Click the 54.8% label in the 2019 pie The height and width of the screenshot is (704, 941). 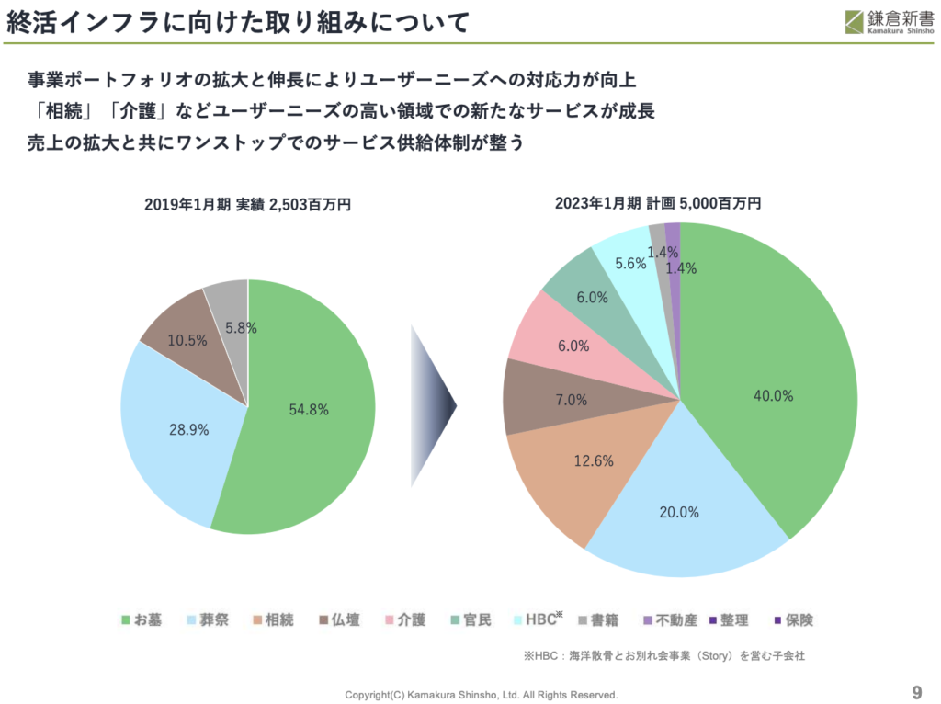click(x=308, y=410)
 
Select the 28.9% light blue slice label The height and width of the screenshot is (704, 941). click(x=187, y=429)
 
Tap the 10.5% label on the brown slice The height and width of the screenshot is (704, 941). click(x=187, y=340)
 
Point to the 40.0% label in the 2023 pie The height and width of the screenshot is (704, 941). click(x=772, y=395)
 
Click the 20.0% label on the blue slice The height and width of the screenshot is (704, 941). click(x=679, y=512)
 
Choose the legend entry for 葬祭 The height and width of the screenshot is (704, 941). click(x=210, y=620)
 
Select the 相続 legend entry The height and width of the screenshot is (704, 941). click(x=273, y=620)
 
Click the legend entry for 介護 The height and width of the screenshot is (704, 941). click(x=405, y=620)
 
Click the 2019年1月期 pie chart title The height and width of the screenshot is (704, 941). click(x=247, y=205)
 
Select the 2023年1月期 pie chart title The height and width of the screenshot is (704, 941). click(x=658, y=203)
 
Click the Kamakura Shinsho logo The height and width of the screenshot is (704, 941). click(x=887, y=20)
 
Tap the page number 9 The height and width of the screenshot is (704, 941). click(x=916, y=692)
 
